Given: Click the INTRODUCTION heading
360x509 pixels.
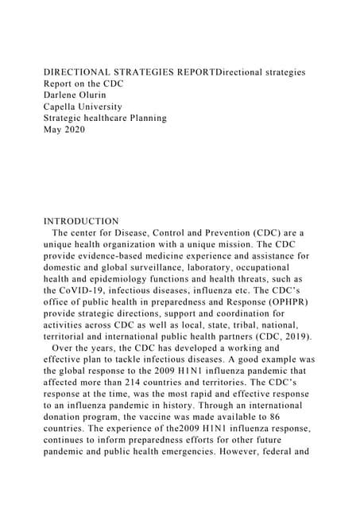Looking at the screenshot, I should point(81,221).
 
